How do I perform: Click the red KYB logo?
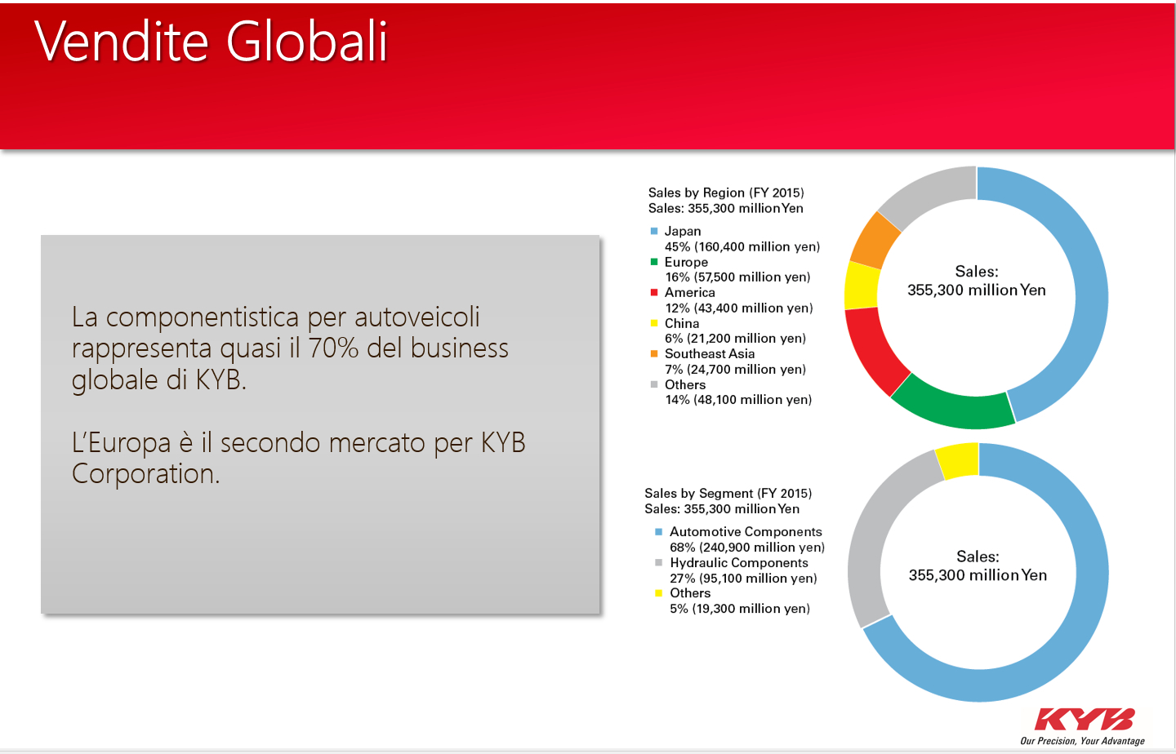point(1085,720)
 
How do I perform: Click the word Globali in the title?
point(307,42)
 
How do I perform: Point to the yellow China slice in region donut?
point(861,286)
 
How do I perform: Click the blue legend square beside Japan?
point(654,231)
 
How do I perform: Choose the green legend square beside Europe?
point(654,262)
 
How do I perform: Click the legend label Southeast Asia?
point(710,353)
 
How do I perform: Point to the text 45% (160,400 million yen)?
point(742,246)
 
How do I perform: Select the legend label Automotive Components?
point(746,532)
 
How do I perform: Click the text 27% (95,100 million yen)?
point(743,579)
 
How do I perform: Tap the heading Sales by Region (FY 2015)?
point(726,193)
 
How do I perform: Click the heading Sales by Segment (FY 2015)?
point(728,493)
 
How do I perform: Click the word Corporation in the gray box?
point(145,473)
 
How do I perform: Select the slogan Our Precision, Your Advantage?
point(1083,741)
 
